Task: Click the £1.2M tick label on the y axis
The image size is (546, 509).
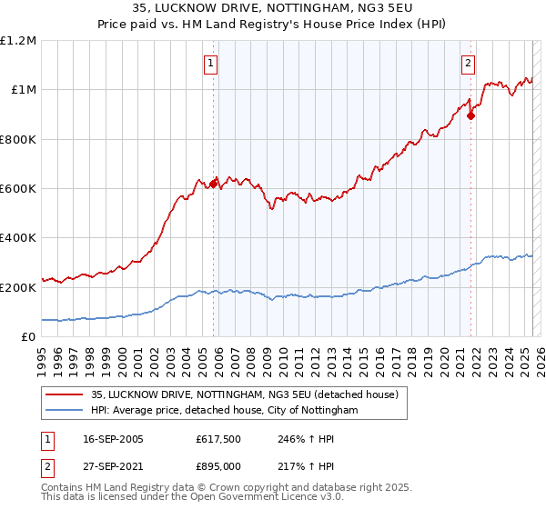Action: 18,41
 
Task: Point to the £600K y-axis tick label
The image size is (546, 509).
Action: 18,189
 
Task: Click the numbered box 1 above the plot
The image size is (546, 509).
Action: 211,64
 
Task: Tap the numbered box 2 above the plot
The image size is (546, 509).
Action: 468,64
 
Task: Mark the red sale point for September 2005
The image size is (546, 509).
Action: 214,184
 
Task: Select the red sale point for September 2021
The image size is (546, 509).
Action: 470,115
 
